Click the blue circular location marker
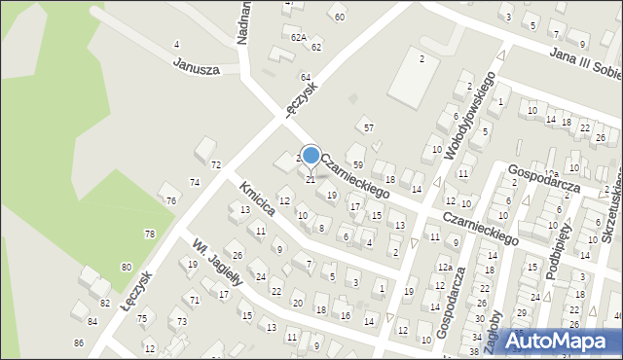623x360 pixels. (x=311, y=156)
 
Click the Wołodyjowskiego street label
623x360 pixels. (x=470, y=116)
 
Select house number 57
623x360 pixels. (x=367, y=127)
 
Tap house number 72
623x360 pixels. (x=215, y=164)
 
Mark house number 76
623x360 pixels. (x=171, y=200)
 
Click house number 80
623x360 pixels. (x=127, y=267)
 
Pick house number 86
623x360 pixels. (x=79, y=343)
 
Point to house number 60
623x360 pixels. (x=339, y=17)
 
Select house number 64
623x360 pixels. (x=305, y=77)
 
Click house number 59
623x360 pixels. (x=357, y=164)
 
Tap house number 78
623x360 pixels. (x=149, y=234)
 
